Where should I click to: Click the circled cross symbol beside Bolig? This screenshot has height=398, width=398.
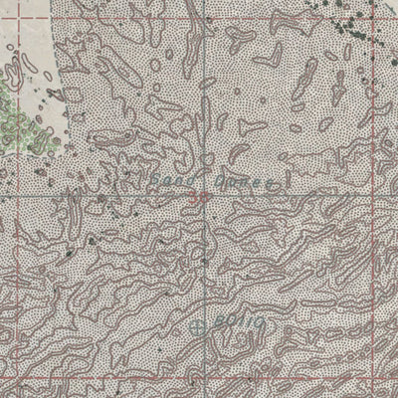tap(197, 324)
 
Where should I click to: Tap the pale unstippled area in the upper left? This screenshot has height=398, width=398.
tap(50, 60)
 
